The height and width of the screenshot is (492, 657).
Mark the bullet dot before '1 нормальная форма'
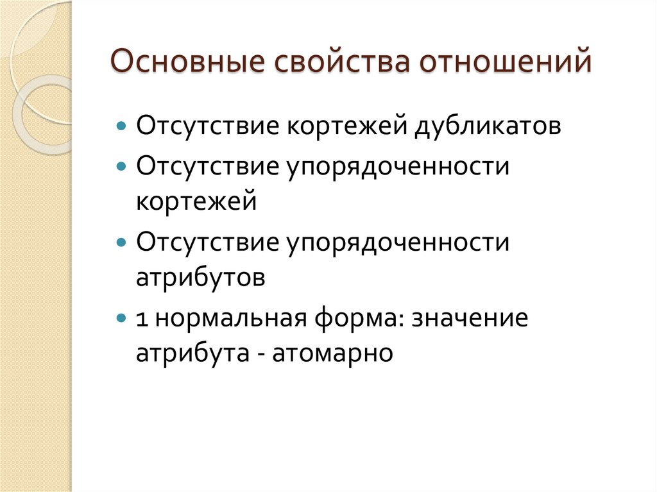(123, 317)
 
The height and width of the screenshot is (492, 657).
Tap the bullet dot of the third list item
(123, 242)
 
